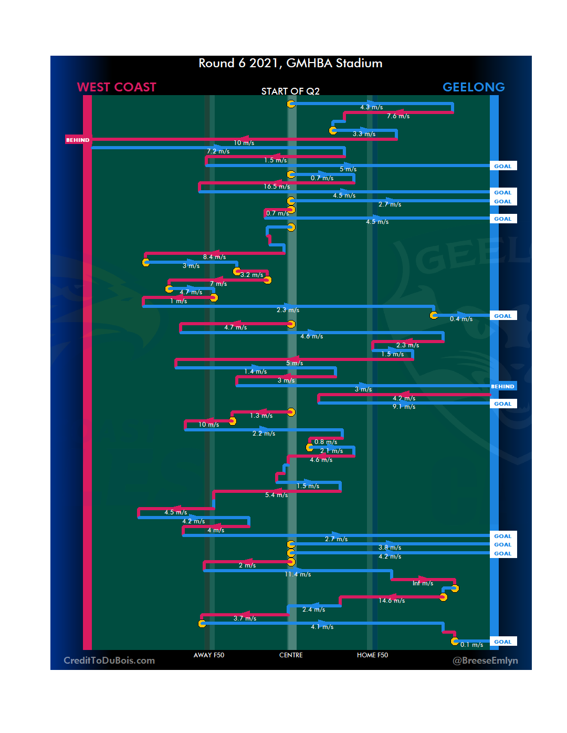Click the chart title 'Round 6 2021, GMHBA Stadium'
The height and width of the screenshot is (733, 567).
(290, 63)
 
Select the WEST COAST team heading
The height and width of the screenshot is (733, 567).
(117, 87)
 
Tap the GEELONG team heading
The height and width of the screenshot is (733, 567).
(474, 87)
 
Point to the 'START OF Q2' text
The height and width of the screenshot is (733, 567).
(290, 91)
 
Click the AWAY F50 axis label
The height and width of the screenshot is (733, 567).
(209, 655)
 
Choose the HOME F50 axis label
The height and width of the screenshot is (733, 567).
(372, 655)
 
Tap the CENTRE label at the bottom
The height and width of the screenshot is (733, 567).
(291, 655)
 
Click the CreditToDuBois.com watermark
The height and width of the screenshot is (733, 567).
(109, 660)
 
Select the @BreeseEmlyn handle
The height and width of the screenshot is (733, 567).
(485, 660)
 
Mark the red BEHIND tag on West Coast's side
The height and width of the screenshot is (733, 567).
(78, 140)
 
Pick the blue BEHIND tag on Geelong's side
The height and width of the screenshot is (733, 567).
(502, 386)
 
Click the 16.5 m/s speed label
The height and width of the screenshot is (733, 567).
(277, 187)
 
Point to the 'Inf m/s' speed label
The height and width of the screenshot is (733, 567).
(423, 583)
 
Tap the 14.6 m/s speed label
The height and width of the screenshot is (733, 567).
(392, 601)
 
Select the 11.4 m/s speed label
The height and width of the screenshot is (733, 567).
(298, 574)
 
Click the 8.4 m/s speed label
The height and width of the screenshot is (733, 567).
(214, 257)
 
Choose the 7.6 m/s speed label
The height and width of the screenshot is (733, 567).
(398, 116)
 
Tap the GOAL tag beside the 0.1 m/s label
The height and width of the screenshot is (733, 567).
(502, 642)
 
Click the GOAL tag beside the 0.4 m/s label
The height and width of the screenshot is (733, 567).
(502, 316)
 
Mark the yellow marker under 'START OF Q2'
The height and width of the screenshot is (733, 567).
(291, 104)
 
